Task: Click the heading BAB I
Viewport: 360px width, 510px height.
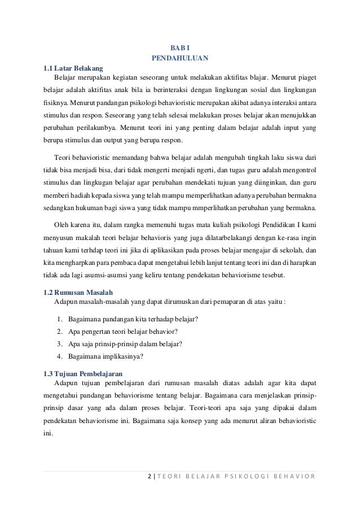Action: point(180,47)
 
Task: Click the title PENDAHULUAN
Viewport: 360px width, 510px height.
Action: point(180,58)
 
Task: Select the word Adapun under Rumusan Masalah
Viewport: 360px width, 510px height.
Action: point(65,301)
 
